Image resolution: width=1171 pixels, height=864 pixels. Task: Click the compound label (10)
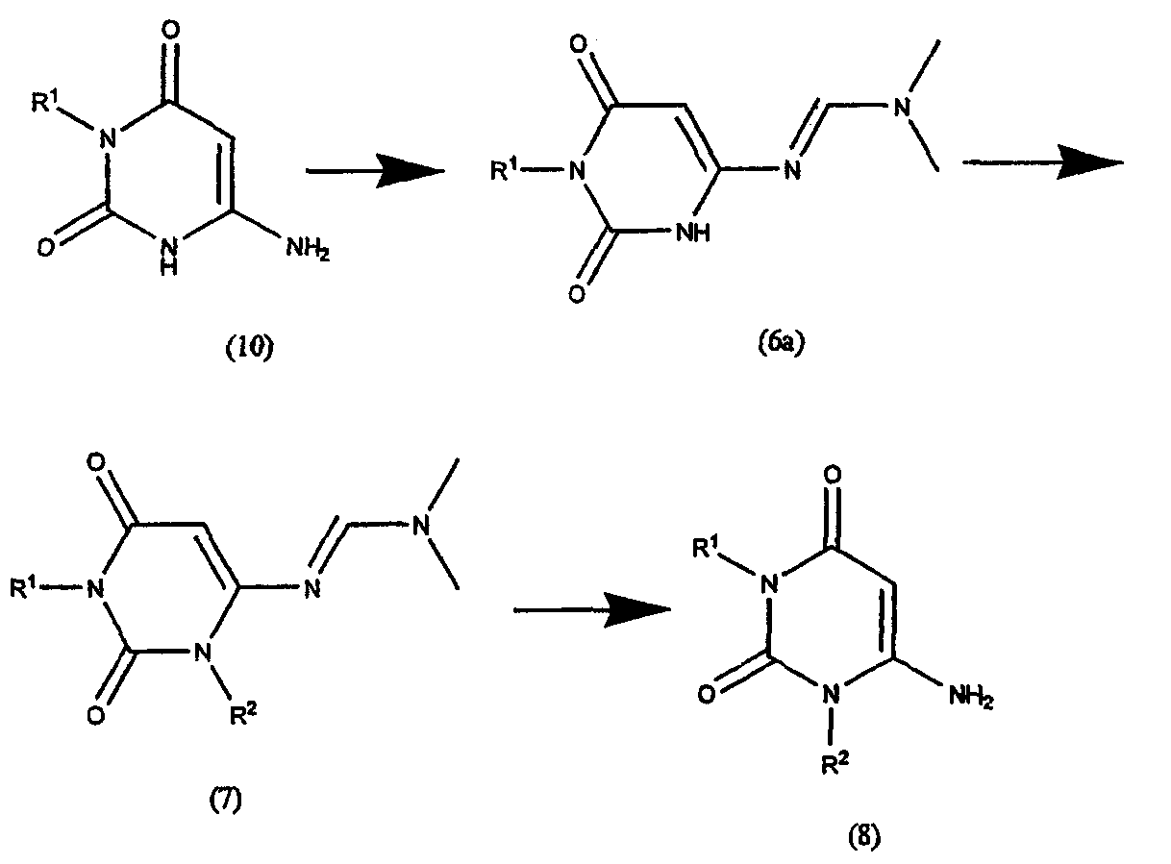tap(250, 348)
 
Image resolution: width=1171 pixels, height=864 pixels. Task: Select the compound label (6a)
tap(782, 344)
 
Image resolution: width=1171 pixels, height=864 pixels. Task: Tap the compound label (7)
tap(225, 801)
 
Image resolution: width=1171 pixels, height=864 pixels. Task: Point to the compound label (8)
tap(864, 836)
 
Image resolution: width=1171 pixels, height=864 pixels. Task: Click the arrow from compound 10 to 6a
tap(375, 170)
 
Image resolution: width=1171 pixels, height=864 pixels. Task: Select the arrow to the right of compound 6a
tap(1042, 162)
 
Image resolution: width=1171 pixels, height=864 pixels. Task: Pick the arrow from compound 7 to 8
tap(592, 610)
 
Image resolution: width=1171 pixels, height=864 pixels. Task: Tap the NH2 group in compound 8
tap(971, 696)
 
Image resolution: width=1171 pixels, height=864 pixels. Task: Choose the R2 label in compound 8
tap(835, 763)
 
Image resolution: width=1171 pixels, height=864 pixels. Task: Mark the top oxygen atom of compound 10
tap(169, 30)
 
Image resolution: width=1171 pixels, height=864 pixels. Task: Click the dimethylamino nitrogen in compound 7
tap(421, 526)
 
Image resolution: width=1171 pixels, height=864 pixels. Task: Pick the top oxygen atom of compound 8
tap(833, 476)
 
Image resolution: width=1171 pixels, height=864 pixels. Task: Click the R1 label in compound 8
tap(707, 549)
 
